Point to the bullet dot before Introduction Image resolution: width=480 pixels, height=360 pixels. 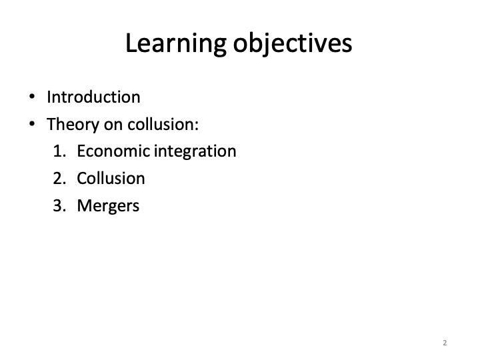32,97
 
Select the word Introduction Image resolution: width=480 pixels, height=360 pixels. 93,97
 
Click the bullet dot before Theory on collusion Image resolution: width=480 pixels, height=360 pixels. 32,124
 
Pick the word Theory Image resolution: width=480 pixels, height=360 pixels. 73,125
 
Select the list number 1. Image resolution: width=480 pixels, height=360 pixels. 59,151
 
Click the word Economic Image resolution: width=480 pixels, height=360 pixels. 113,151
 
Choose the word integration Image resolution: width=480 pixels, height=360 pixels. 195,152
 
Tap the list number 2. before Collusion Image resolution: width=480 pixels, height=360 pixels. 59,179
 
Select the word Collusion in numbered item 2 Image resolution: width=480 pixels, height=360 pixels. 111,179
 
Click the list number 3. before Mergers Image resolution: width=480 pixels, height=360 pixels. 59,206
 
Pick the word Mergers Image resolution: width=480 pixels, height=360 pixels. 109,206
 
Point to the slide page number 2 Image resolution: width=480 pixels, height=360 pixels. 445,343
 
